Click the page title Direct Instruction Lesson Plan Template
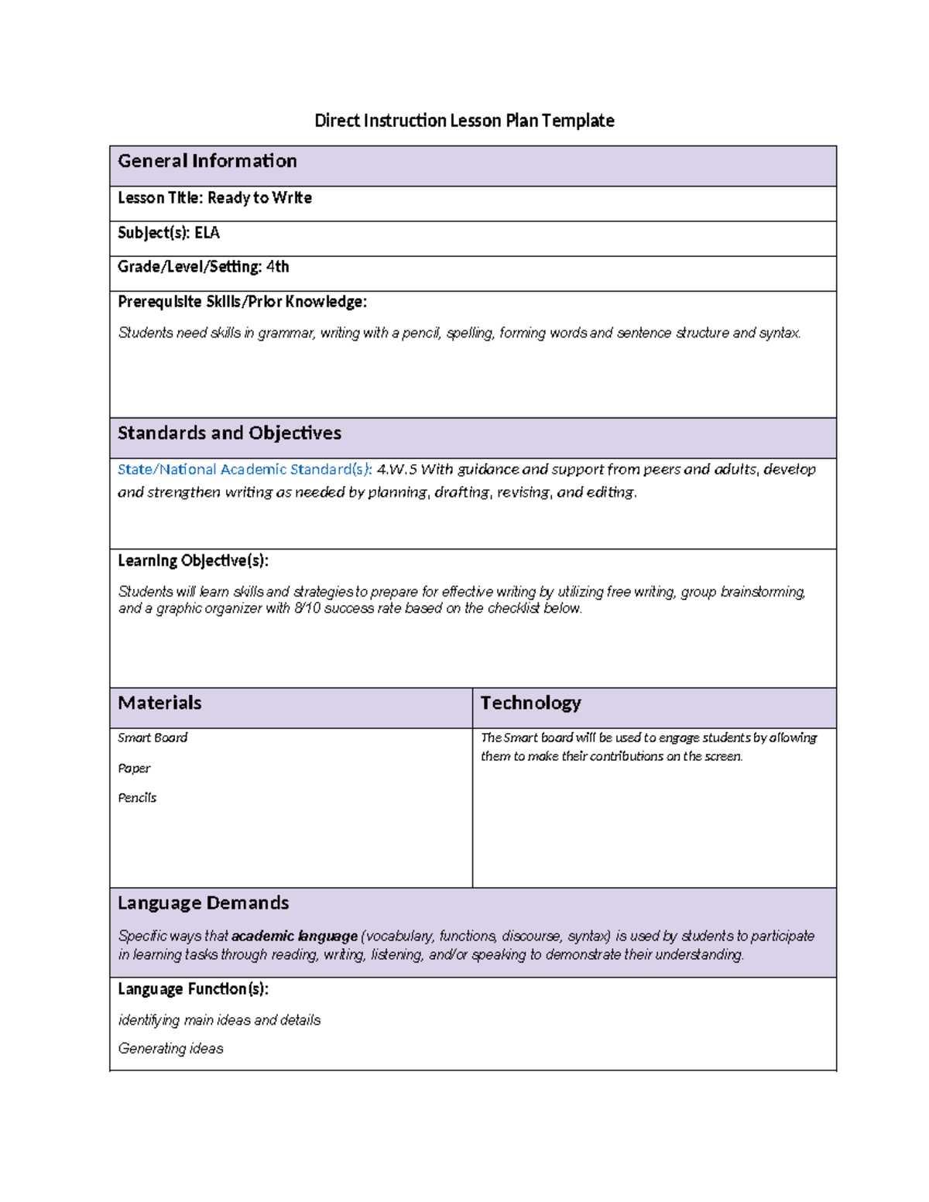pyautogui.click(x=464, y=121)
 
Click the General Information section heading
pyautogui.click(x=207, y=161)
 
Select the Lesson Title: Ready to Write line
pyautogui.click(x=214, y=198)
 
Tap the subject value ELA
pyautogui.click(x=207, y=233)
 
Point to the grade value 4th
pyautogui.click(x=277, y=267)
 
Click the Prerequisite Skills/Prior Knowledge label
pyautogui.click(x=242, y=302)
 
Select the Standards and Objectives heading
pyautogui.click(x=229, y=433)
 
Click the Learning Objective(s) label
pyautogui.click(x=193, y=560)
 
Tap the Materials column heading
pyautogui.click(x=159, y=704)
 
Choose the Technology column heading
pyautogui.click(x=530, y=704)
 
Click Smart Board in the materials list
pyautogui.click(x=153, y=738)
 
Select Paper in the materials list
pyautogui.click(x=134, y=769)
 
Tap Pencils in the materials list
pyautogui.click(x=137, y=798)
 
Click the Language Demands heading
pyautogui.click(x=203, y=903)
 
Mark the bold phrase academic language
pyautogui.click(x=294, y=937)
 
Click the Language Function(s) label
pyautogui.click(x=193, y=989)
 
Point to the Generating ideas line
pyautogui.click(x=170, y=1049)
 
